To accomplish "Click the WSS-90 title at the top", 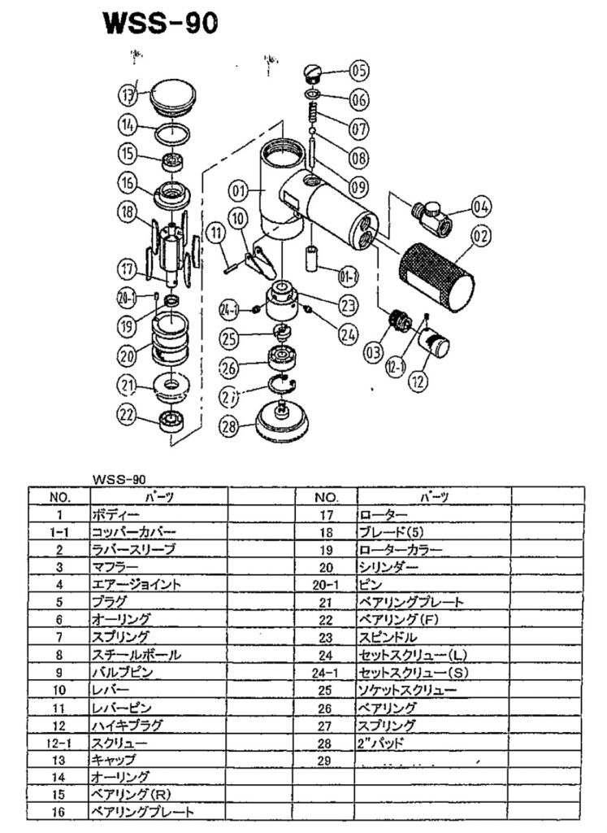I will (160, 24).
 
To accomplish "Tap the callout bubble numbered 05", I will (358, 72).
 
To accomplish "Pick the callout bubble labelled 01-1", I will (349, 279).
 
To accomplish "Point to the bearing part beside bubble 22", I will (171, 421).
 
